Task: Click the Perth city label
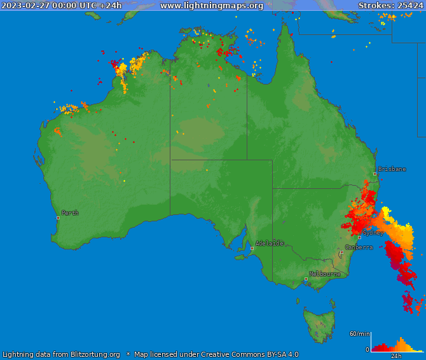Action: tap(71, 213)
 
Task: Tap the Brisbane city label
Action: tap(392, 169)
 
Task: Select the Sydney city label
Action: tap(374, 233)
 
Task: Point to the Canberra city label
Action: tap(359, 247)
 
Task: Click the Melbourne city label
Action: tap(324, 274)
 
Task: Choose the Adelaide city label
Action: tap(269, 243)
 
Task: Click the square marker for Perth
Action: tap(58, 218)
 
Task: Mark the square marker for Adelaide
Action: tap(252, 248)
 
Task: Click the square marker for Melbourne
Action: tap(306, 279)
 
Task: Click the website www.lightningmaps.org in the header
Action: tap(211, 6)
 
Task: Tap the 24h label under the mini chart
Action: tap(396, 356)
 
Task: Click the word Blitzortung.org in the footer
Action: tap(88, 354)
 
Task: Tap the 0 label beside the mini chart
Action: tap(367, 349)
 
